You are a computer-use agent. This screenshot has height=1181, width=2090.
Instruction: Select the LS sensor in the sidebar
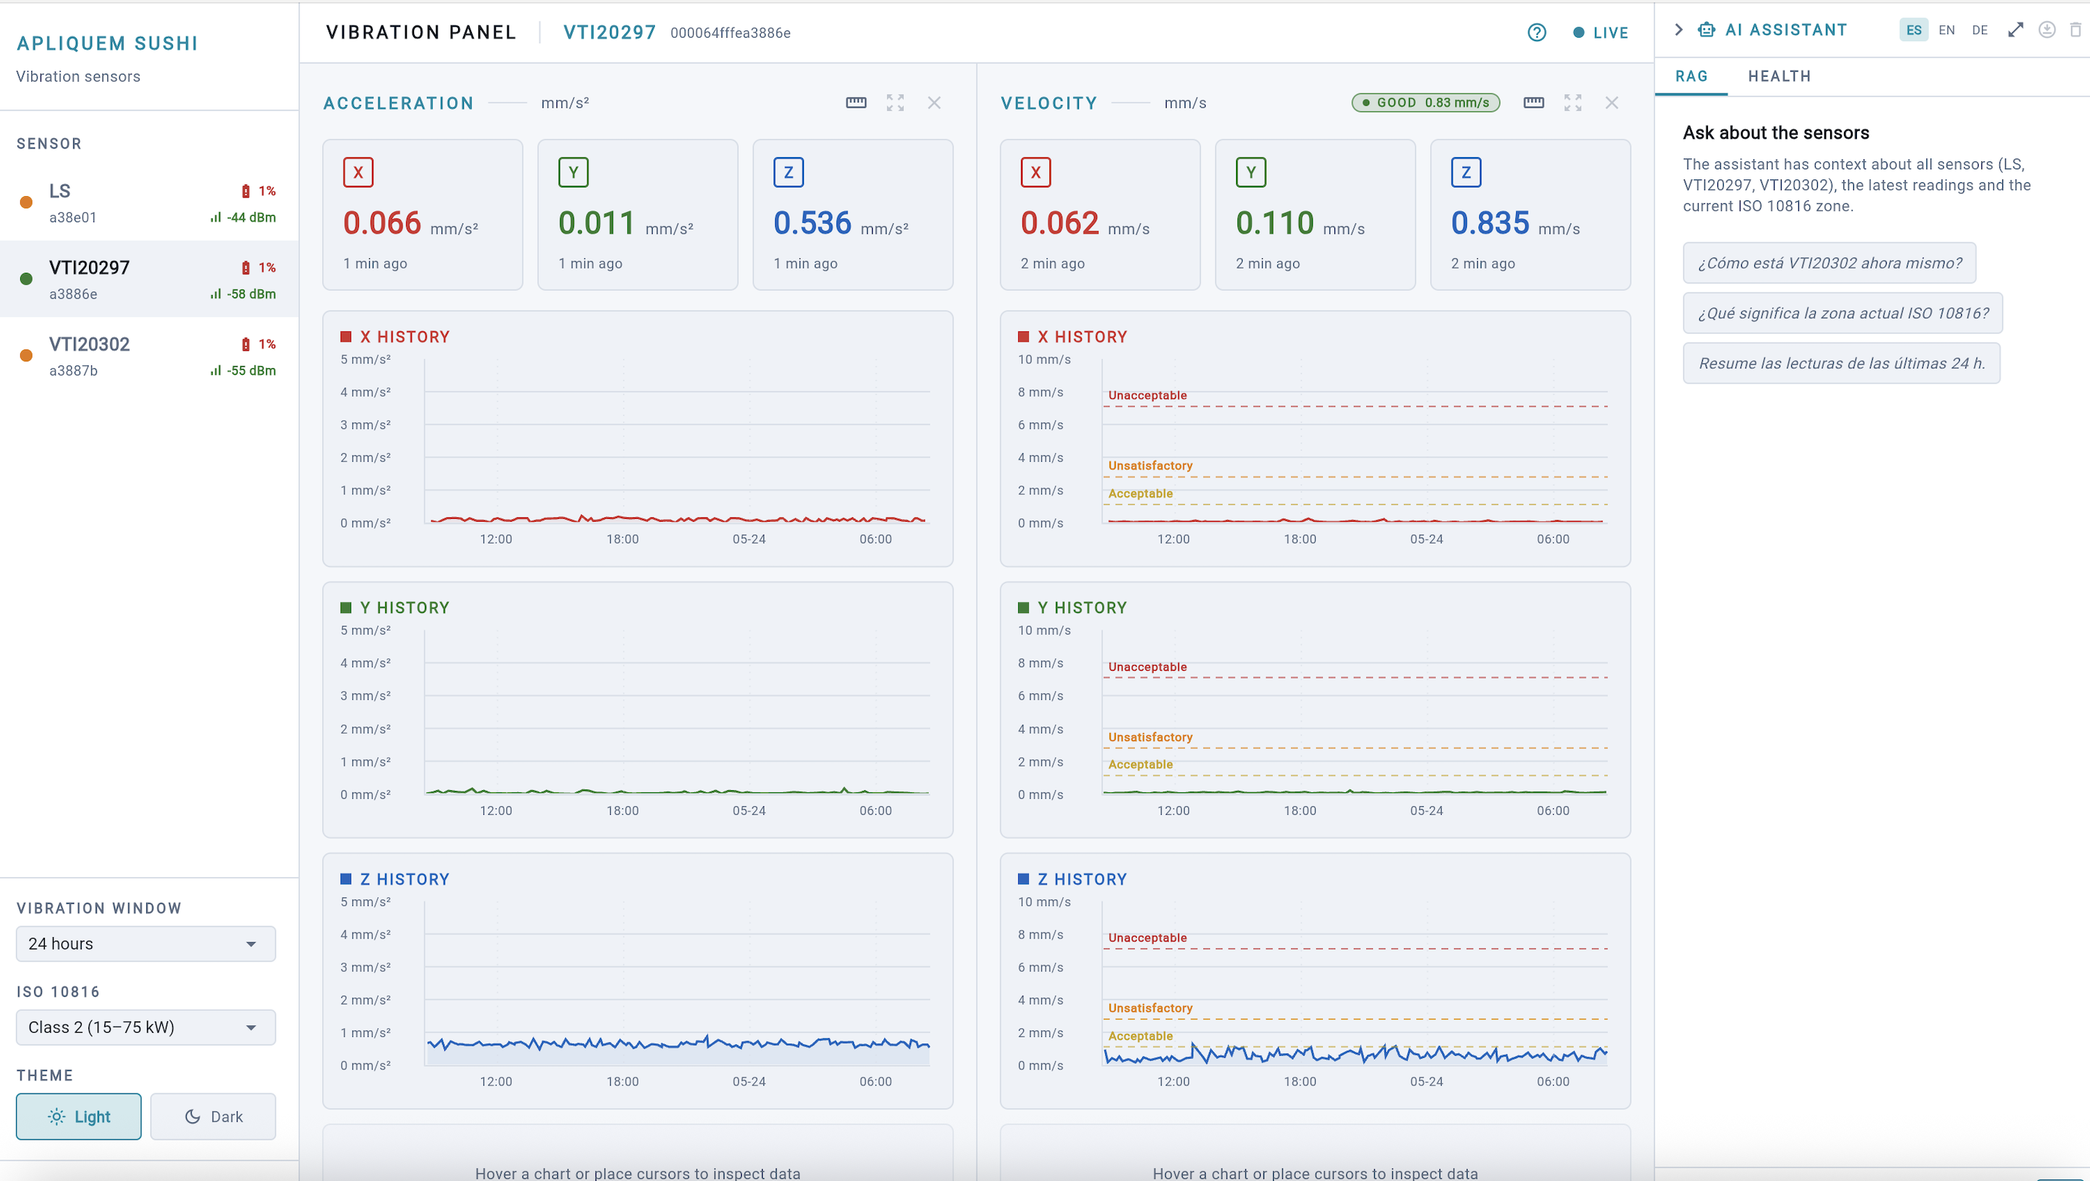pyautogui.click(x=148, y=203)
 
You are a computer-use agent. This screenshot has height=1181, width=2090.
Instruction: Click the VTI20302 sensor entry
pyautogui.click(x=148, y=356)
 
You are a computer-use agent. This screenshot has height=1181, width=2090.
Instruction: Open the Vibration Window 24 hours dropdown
pyautogui.click(x=146, y=944)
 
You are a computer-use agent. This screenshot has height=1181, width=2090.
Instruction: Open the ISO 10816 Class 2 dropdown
pyautogui.click(x=146, y=1027)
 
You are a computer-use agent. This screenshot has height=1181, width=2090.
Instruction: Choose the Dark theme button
pyautogui.click(x=213, y=1116)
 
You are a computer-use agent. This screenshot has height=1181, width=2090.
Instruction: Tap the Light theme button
pyautogui.click(x=79, y=1116)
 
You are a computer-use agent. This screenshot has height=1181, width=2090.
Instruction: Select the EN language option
pyautogui.click(x=1947, y=30)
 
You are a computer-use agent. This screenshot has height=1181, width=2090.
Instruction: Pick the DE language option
pyautogui.click(x=1980, y=30)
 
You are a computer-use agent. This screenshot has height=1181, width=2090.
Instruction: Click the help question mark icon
pyautogui.click(x=1536, y=33)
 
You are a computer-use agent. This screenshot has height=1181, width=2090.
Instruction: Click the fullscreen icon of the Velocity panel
pyautogui.click(x=1573, y=103)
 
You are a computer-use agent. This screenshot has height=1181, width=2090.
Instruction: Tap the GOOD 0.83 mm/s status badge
pyautogui.click(x=1426, y=103)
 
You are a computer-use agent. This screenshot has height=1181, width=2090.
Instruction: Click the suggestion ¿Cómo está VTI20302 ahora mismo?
pyautogui.click(x=1829, y=263)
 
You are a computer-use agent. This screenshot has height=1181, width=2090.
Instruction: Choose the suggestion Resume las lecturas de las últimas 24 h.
pyautogui.click(x=1842, y=363)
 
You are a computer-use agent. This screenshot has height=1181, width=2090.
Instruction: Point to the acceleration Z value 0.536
pyautogui.click(x=812, y=223)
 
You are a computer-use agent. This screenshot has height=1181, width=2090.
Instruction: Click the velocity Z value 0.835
pyautogui.click(x=1490, y=223)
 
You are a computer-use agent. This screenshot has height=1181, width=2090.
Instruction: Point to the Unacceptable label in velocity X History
pyautogui.click(x=1147, y=395)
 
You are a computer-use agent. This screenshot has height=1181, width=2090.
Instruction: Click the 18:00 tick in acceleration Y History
pyautogui.click(x=622, y=810)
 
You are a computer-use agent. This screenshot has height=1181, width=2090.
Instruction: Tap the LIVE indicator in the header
pyautogui.click(x=1601, y=33)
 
